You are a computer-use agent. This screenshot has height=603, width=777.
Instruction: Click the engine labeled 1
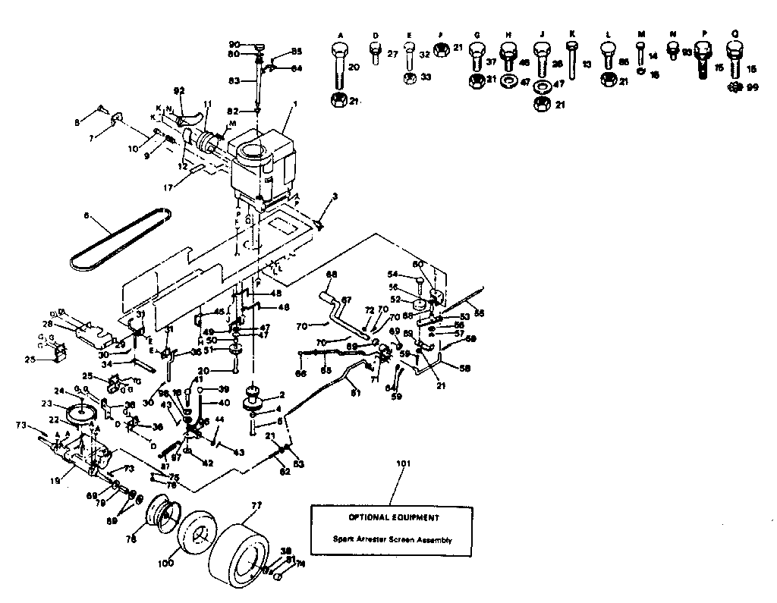tap(262, 163)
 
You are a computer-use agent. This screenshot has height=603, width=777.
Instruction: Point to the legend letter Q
tap(733, 35)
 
